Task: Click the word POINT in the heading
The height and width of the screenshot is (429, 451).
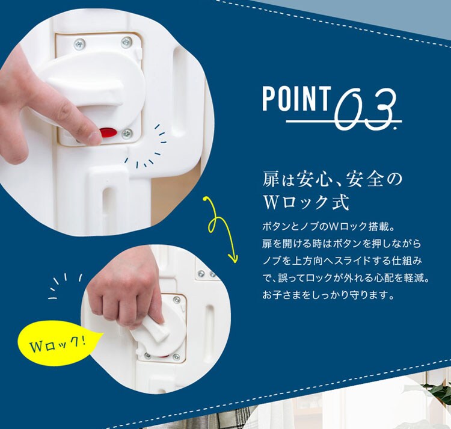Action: point(296,99)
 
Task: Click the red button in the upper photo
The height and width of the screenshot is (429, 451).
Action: point(108,132)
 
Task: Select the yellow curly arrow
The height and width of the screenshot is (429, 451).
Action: point(219,227)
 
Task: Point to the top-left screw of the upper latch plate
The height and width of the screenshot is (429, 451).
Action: point(79,44)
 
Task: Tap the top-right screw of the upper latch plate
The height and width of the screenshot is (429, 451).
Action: point(126,42)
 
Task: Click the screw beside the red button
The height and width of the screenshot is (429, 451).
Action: point(127,133)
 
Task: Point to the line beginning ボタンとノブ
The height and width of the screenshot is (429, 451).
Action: point(328,226)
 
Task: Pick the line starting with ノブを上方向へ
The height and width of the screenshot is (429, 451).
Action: point(342,261)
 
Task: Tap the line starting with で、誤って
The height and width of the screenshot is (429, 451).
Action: point(346,278)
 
